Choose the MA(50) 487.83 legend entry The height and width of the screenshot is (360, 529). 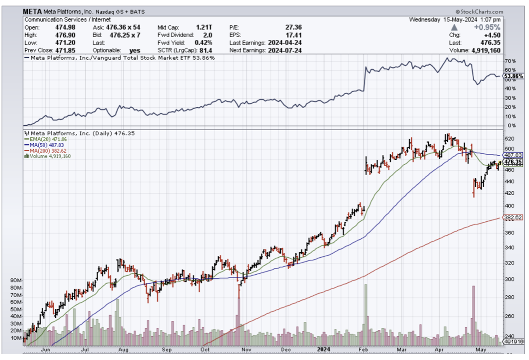[x=45, y=145]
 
